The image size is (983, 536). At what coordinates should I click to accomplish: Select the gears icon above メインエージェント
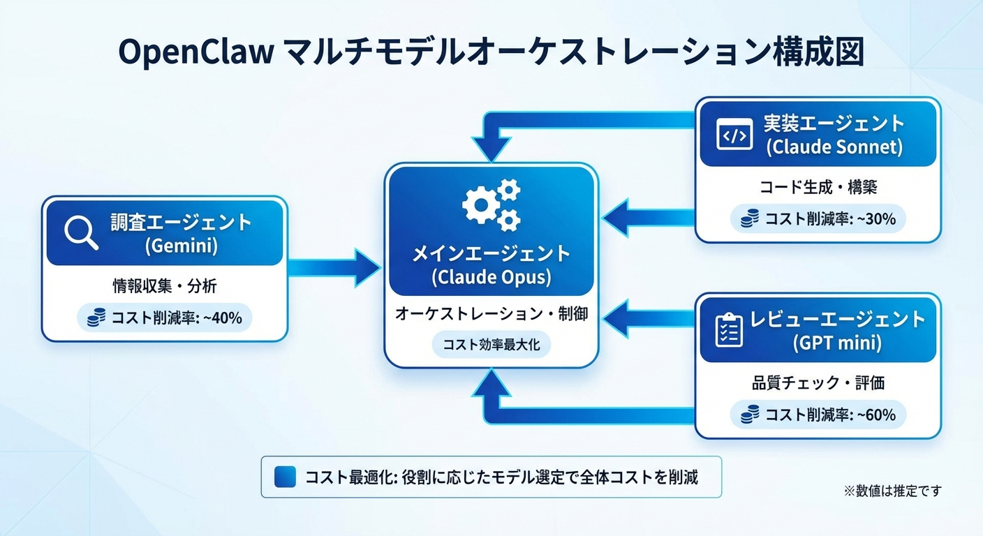[x=491, y=204]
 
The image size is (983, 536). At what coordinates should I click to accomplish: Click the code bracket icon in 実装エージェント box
[x=734, y=134]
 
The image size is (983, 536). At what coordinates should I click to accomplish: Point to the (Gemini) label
[x=181, y=246]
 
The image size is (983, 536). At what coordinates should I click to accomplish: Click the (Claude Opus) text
[x=491, y=277]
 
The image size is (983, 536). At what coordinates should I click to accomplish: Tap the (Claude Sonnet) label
[x=834, y=148]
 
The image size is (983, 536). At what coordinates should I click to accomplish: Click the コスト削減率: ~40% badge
[x=165, y=318]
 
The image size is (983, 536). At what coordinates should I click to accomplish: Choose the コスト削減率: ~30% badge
[x=818, y=219]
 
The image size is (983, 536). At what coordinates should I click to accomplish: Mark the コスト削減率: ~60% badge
[x=818, y=415]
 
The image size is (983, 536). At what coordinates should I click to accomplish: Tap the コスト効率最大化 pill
[x=491, y=345]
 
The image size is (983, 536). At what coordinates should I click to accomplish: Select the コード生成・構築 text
[x=818, y=187]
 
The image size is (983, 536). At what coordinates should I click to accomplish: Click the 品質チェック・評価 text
[x=818, y=382]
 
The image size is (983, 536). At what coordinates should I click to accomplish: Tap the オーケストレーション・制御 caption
[x=491, y=314]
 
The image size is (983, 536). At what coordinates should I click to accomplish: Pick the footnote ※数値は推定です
[x=892, y=491]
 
